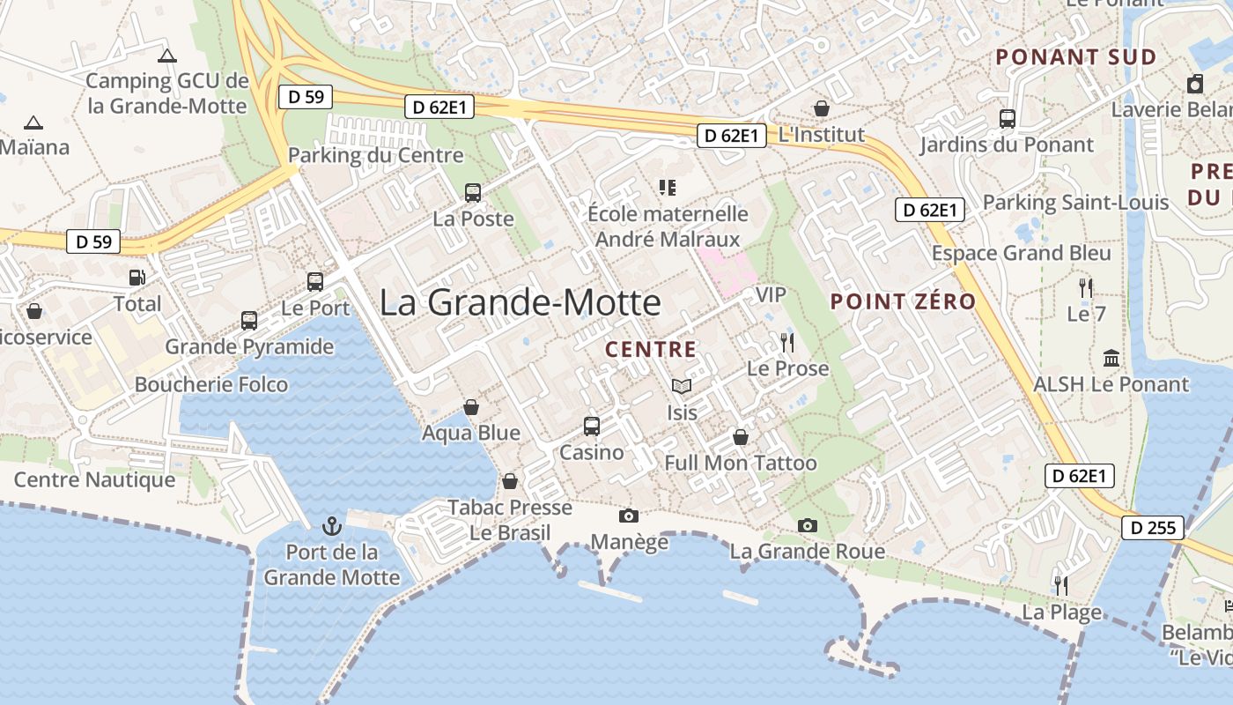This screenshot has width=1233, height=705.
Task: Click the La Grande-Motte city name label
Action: pyautogui.click(x=520, y=303)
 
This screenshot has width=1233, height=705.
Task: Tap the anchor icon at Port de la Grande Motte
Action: pyautogui.click(x=332, y=527)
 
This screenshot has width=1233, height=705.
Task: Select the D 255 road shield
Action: pyautogui.click(x=1153, y=528)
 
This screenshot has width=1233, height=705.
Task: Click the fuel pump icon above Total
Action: pyautogui.click(x=137, y=278)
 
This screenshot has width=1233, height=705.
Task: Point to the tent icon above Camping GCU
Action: pyautogui.click(x=166, y=56)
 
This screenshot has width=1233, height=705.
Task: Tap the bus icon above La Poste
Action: pyautogui.click(x=473, y=193)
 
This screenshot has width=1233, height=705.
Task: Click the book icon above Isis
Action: pyautogui.click(x=681, y=386)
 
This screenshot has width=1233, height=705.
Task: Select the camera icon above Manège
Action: pyautogui.click(x=628, y=516)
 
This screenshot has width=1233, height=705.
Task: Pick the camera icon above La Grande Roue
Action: pyautogui.click(x=807, y=526)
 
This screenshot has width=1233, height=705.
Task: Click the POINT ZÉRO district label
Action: pyautogui.click(x=904, y=301)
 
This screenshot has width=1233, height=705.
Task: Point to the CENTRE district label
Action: pyautogui.click(x=651, y=350)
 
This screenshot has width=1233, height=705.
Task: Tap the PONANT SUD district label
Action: pyautogui.click(x=1075, y=57)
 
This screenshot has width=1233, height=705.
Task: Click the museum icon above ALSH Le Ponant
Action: pyautogui.click(x=1111, y=359)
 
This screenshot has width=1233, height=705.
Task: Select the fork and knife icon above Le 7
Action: pyautogui.click(x=1086, y=287)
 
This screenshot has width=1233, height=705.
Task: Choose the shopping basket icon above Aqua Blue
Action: pyautogui.click(x=471, y=407)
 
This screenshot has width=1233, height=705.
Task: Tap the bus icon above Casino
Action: pyautogui.click(x=592, y=427)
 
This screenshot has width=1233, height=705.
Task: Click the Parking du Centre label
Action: pyautogui.click(x=375, y=156)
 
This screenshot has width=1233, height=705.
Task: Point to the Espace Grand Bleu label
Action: pyautogui.click(x=1022, y=254)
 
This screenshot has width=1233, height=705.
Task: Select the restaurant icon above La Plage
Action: pyautogui.click(x=1061, y=585)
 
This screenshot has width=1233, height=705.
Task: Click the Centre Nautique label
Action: pyautogui.click(x=94, y=480)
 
